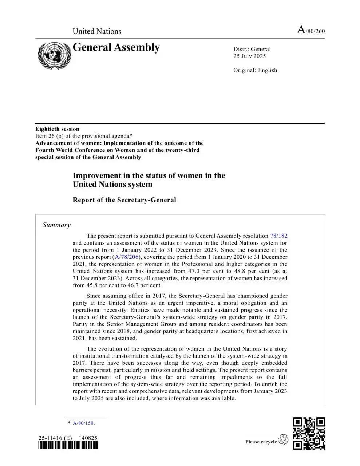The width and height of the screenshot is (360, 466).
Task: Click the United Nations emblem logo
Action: point(54,55)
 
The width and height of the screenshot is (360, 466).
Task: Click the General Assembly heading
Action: point(116,47)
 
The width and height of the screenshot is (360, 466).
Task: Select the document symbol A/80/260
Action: point(311,31)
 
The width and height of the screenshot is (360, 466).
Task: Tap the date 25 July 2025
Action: point(250,56)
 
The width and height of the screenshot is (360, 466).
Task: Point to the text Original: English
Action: point(255,70)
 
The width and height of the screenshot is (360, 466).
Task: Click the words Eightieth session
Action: point(57,129)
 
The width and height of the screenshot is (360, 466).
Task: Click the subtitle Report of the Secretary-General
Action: point(124,200)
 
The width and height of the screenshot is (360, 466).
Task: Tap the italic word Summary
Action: point(56,225)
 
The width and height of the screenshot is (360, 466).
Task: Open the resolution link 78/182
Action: point(278,236)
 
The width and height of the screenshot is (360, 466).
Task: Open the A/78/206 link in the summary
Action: point(126,257)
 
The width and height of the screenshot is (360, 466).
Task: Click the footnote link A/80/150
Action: point(83,423)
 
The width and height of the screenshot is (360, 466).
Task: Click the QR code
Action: point(309,433)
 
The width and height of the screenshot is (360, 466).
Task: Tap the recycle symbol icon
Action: point(283,440)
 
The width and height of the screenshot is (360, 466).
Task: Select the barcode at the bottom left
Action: point(68,445)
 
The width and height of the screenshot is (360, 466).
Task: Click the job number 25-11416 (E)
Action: point(55,438)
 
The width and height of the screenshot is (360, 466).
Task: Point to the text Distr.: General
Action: point(252,49)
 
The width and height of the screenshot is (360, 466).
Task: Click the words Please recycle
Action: point(261,442)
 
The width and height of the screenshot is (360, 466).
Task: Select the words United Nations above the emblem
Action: point(97,31)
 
